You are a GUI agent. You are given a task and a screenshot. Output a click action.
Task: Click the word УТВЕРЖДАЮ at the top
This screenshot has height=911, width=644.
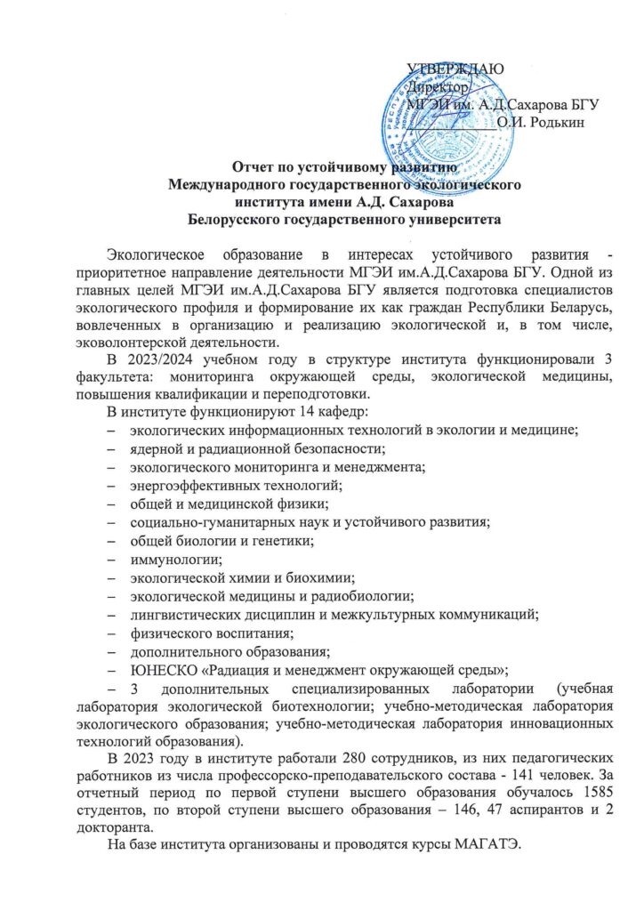click(455, 69)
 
